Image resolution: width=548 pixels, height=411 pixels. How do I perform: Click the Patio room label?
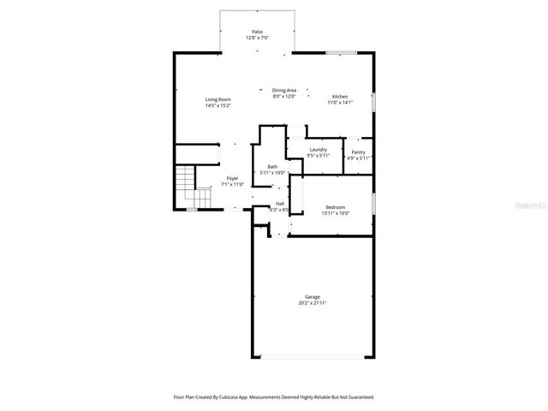[257, 32]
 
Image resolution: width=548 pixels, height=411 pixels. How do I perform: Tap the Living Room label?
[217, 99]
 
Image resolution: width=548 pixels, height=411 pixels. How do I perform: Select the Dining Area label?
[284, 90]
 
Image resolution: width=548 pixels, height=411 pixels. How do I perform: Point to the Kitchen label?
[340, 97]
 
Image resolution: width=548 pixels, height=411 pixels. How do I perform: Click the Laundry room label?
[319, 150]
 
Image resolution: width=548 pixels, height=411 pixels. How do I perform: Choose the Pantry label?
[358, 152]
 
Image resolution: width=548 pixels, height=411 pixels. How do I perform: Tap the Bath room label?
[272, 166]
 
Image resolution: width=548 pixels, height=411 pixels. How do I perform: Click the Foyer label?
[232, 178]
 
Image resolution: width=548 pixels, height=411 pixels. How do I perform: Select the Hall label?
[280, 203]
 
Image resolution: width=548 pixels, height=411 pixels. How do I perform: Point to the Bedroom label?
[335, 207]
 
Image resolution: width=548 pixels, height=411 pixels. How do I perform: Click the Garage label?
[313, 296]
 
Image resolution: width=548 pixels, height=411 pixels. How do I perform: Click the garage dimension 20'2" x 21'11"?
[313, 303]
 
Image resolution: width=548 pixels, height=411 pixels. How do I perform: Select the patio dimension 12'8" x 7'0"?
[257, 38]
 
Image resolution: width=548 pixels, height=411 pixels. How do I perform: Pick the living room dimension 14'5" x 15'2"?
[217, 105]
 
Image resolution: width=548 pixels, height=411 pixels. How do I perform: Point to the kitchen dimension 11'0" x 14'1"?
[340, 103]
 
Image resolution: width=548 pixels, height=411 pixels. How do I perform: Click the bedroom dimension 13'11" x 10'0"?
[335, 213]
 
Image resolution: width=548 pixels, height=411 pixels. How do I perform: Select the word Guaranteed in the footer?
[359, 397]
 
